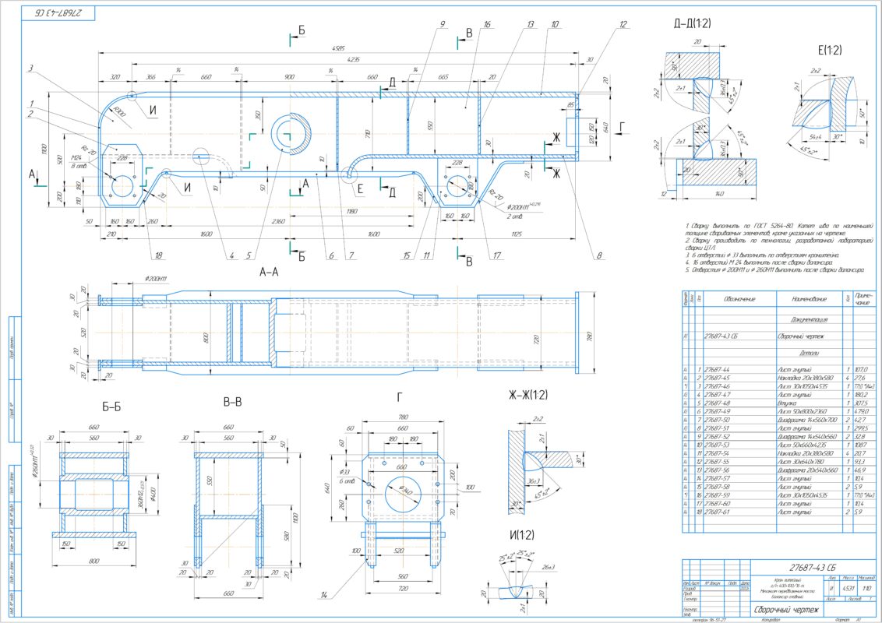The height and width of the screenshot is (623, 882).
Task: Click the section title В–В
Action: [232, 403]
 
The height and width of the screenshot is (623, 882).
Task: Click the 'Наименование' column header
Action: [803, 298]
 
